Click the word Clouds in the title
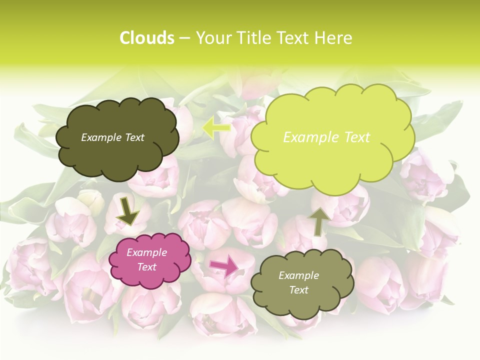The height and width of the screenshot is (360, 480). tap(146, 38)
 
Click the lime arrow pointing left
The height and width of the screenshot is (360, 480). tap(216, 127)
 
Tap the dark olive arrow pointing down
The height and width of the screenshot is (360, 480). tap(128, 211)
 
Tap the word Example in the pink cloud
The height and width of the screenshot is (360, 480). tap(146, 253)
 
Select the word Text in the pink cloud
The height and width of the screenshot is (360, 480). tap(146, 267)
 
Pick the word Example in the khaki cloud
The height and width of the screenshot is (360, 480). tap(298, 275)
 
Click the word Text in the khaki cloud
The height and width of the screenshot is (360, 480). tap(298, 290)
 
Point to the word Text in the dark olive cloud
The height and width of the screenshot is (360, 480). tap(133, 137)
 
